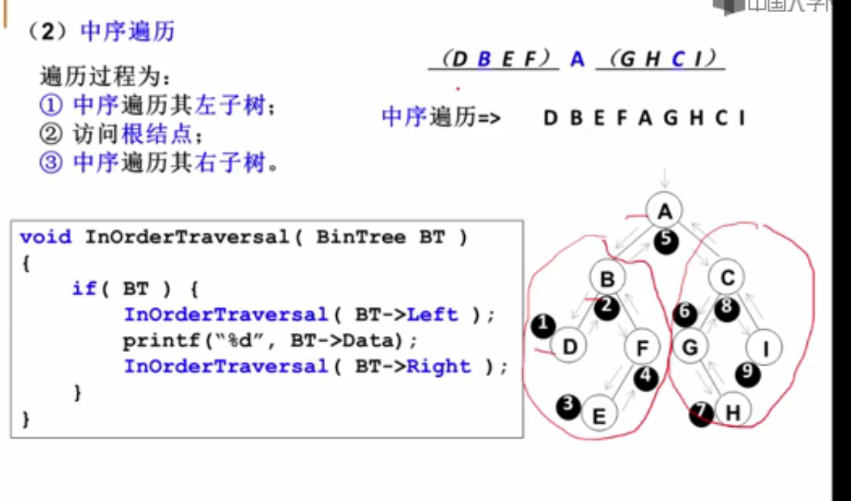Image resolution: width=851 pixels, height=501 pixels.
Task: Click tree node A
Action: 665,211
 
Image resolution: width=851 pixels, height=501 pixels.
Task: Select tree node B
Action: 607,280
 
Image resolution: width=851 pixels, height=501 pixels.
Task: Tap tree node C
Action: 727,279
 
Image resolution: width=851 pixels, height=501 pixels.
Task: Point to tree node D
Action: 569,347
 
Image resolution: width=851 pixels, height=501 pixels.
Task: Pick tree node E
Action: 599,415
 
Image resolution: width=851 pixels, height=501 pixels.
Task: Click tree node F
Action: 643,348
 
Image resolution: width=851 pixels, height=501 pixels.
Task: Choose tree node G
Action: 690,347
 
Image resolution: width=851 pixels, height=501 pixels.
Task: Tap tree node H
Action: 732,412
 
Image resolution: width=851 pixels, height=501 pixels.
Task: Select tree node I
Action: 765,348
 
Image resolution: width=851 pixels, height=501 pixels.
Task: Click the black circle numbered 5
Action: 665,240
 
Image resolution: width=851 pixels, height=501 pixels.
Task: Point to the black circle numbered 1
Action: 543,325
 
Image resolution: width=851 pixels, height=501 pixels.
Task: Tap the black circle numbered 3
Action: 568,406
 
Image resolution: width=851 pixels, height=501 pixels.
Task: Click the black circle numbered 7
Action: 701,413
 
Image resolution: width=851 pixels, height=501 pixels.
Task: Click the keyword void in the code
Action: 45,237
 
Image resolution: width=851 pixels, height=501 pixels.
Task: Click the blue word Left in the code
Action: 432,314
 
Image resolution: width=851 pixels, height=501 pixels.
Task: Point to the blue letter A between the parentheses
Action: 578,59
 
